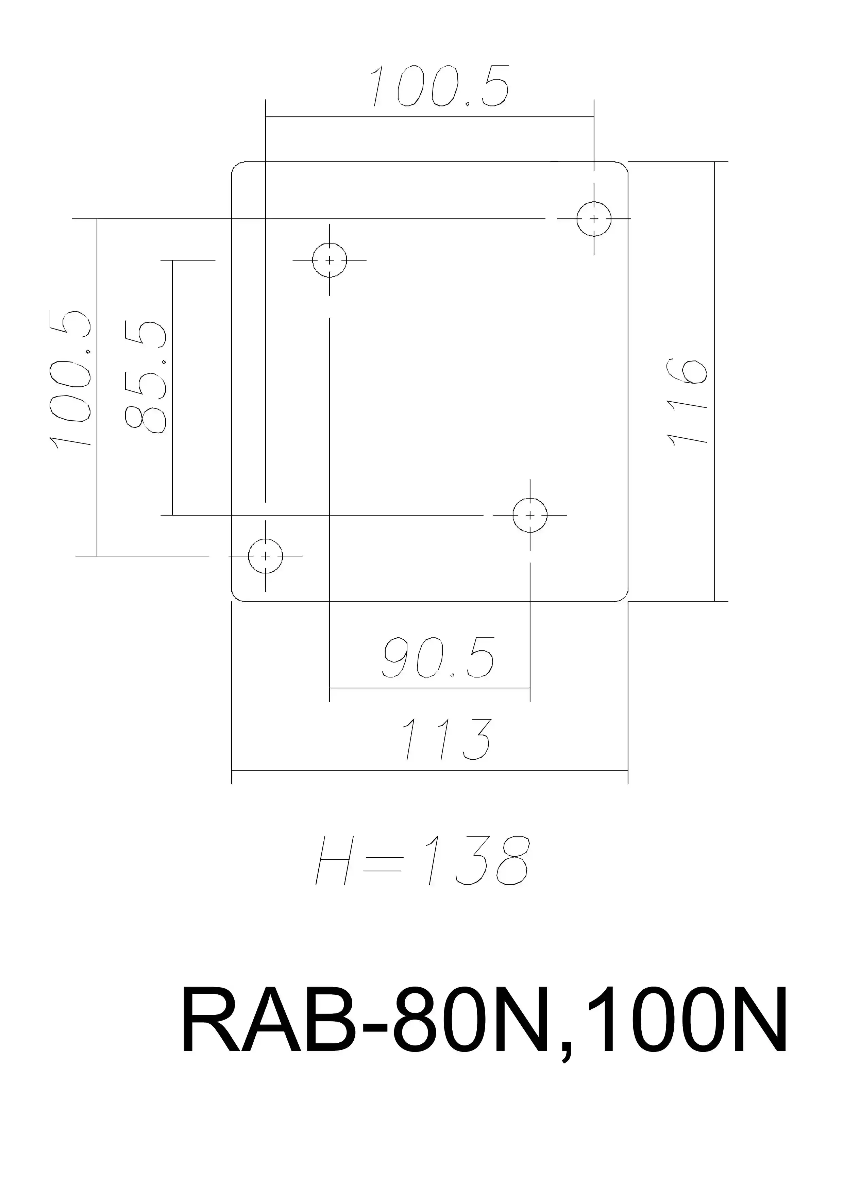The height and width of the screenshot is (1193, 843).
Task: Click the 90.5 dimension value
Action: (x=439, y=657)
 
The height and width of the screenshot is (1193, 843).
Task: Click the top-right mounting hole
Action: (x=594, y=219)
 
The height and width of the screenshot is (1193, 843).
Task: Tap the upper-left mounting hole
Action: (x=329, y=260)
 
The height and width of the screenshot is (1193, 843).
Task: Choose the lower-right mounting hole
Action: (x=530, y=515)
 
